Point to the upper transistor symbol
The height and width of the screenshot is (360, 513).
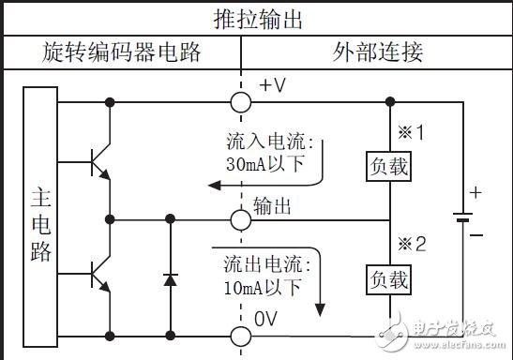98,162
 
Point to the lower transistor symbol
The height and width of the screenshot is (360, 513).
98,275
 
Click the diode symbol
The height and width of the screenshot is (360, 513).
170,278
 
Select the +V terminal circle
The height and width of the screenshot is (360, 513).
241,101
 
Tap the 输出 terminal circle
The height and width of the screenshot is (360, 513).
241,218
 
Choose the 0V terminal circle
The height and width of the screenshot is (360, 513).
241,335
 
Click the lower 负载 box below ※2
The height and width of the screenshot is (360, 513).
389,278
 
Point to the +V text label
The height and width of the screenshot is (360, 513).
272,86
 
